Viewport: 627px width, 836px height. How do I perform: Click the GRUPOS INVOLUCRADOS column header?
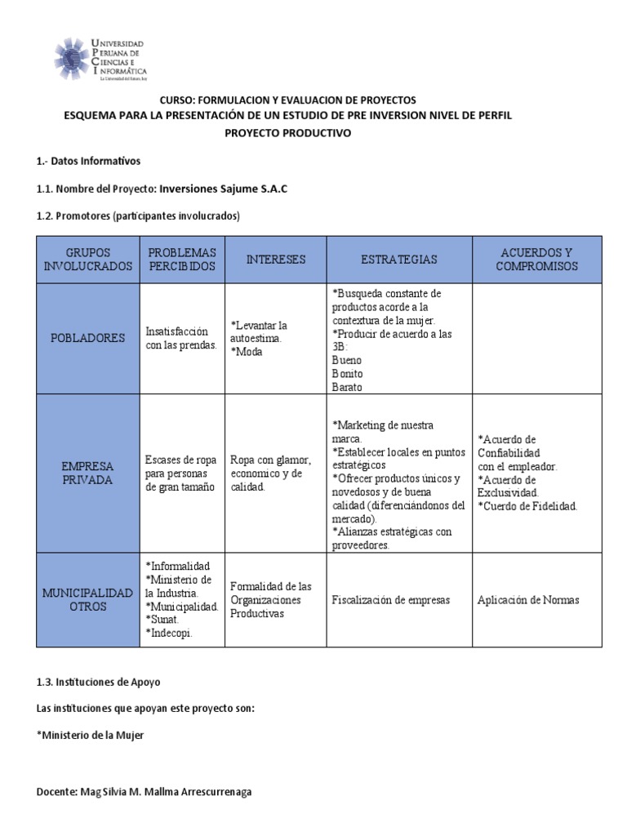(x=87, y=260)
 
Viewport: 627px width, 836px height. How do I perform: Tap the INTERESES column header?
(x=276, y=260)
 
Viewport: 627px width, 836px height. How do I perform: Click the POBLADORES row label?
(x=87, y=338)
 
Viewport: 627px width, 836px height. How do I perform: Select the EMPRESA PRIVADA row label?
(x=87, y=474)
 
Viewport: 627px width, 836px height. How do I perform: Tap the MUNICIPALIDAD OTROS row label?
(x=87, y=600)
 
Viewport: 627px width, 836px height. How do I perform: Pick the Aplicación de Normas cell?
(x=528, y=600)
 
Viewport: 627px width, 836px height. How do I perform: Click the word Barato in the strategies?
(x=347, y=387)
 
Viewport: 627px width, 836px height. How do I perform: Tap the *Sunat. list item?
(x=164, y=620)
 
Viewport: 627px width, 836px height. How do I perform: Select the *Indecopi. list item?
(x=169, y=633)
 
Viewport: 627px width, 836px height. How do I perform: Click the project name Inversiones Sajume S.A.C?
(x=223, y=189)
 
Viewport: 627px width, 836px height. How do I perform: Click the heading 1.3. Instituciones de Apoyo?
(x=104, y=682)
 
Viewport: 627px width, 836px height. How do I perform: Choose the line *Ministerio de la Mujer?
(x=91, y=736)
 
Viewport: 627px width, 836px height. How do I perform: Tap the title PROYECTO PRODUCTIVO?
(x=288, y=133)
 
